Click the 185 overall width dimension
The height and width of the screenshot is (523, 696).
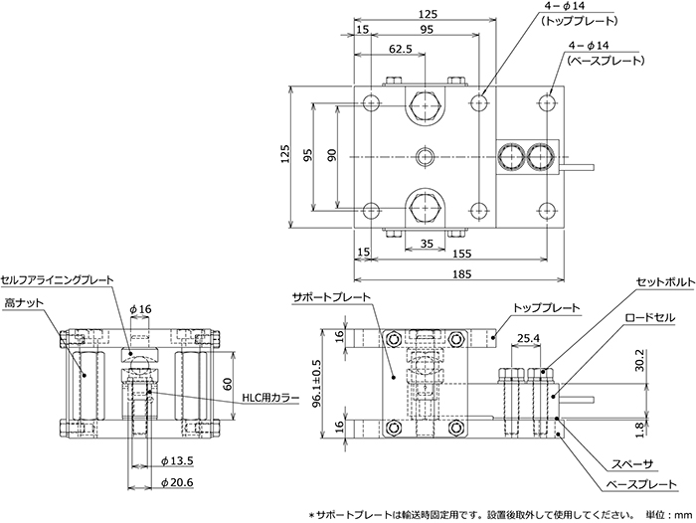(x=461, y=274)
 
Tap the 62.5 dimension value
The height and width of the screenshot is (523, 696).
(x=401, y=49)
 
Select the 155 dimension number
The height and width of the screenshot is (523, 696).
(x=461, y=254)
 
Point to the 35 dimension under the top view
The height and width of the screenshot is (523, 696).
(x=427, y=244)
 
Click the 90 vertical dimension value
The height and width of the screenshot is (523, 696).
(x=332, y=154)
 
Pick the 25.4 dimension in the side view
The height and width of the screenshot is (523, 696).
(x=528, y=338)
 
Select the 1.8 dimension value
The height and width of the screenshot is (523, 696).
(x=639, y=430)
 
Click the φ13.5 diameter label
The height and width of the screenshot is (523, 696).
(x=178, y=461)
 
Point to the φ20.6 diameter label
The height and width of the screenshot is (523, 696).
(x=178, y=482)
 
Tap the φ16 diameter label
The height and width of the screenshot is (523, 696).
(x=141, y=309)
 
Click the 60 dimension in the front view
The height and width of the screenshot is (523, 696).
(x=228, y=384)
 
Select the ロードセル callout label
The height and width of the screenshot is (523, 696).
(x=650, y=318)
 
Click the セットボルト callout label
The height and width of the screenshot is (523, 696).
(x=665, y=282)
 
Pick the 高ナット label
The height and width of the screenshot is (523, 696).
(x=25, y=303)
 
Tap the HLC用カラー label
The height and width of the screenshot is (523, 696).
(x=270, y=399)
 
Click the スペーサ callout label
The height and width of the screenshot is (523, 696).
(x=632, y=464)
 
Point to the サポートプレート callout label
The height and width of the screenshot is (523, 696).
(x=331, y=296)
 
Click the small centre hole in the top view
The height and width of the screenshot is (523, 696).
(x=426, y=157)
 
